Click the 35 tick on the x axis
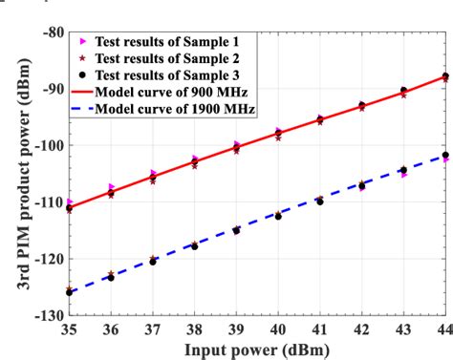point(69,329)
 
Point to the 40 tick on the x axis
point(278,329)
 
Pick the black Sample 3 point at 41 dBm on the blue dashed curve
point(320,201)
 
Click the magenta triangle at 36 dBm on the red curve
point(112,187)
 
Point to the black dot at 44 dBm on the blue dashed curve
point(445,155)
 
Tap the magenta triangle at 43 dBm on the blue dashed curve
point(404,175)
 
